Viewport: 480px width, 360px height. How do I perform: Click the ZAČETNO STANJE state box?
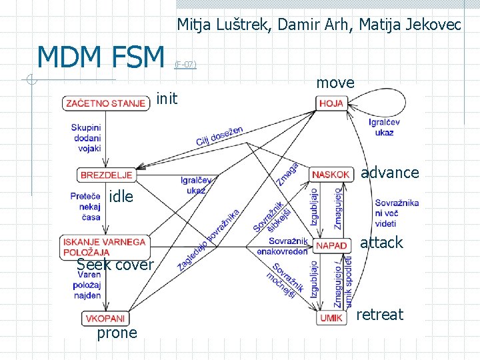[105, 103]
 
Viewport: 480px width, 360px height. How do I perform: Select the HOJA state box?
[331, 103]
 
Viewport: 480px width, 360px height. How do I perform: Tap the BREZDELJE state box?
[106, 175]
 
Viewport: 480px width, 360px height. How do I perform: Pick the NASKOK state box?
[331, 175]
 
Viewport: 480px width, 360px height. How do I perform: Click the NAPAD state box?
[331, 246]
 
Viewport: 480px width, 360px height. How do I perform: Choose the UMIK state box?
[331, 318]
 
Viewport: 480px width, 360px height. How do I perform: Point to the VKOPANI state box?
[104, 319]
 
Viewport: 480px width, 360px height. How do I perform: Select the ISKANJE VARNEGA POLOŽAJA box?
[105, 247]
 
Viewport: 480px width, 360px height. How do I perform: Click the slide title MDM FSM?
[101, 57]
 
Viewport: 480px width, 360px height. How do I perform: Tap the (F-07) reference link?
[185, 65]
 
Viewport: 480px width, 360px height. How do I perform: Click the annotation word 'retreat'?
[381, 315]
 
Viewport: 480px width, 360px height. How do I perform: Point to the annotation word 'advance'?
[390, 173]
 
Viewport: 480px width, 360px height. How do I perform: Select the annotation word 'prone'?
[117, 333]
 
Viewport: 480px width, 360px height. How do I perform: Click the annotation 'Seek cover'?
[116, 265]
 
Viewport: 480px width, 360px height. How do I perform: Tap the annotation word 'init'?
[167, 99]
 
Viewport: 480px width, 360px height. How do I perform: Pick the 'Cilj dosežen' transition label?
[219, 135]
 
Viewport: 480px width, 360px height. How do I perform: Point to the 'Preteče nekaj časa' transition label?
[85, 207]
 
